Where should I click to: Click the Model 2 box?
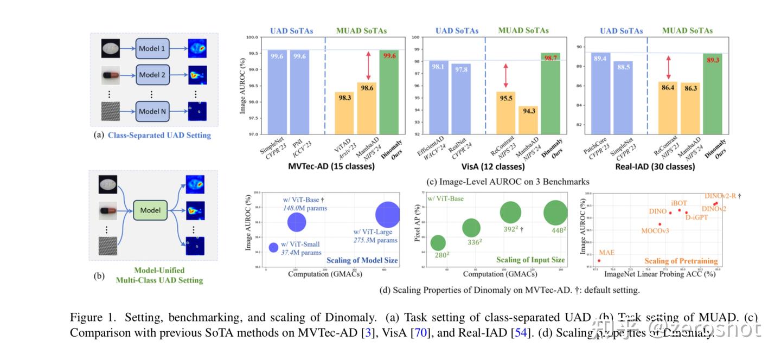tap(152, 75)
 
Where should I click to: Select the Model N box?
tap(152, 111)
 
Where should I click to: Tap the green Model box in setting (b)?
tap(150, 210)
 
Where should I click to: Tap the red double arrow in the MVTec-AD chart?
tap(367, 66)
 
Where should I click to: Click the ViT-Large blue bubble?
tap(388, 214)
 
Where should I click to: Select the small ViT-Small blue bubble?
tap(273, 247)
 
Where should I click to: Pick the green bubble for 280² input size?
tap(438, 243)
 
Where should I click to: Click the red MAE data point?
tap(599, 260)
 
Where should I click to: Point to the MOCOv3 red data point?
tap(660, 224)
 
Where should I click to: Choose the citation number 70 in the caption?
tap(421, 332)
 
